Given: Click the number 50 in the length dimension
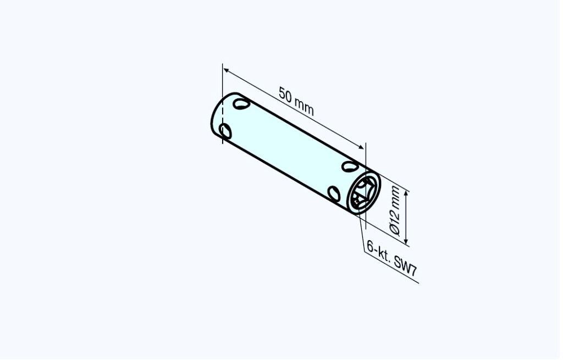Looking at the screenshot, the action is point(286,95).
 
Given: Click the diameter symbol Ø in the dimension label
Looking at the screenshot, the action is point(395,228).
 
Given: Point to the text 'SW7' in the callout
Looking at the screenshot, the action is point(405,265).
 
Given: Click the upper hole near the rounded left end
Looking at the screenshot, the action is point(241,104).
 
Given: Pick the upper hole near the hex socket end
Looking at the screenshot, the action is point(350,166).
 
